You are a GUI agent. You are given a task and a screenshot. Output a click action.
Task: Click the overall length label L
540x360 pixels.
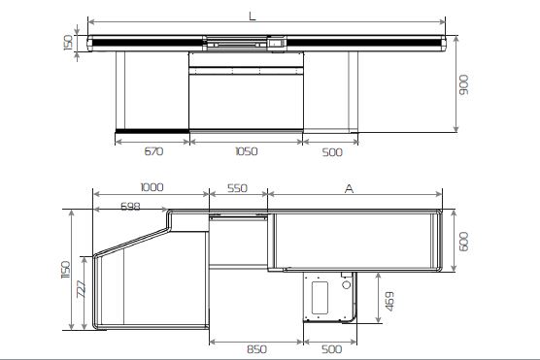pyautogui.click(x=253, y=16)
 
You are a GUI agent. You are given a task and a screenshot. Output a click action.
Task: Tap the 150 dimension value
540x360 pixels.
pyautogui.click(x=69, y=42)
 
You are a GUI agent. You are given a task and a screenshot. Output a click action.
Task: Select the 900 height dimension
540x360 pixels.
pyautogui.click(x=464, y=84)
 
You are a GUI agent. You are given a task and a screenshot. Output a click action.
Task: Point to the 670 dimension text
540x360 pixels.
pyautogui.click(x=153, y=151)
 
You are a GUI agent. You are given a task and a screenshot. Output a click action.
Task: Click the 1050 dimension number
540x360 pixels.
pyautogui.click(x=247, y=151)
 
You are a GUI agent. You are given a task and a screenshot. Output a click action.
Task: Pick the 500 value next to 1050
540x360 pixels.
pyautogui.click(x=332, y=152)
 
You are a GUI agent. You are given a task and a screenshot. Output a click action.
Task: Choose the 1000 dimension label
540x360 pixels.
pyautogui.click(x=152, y=187)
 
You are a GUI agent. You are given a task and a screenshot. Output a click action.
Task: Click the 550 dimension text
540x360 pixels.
pyautogui.click(x=237, y=188)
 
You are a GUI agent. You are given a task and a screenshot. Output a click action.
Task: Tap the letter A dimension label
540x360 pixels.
pyautogui.click(x=350, y=188)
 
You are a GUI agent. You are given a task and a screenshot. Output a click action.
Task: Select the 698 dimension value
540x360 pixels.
pyautogui.click(x=130, y=206)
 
